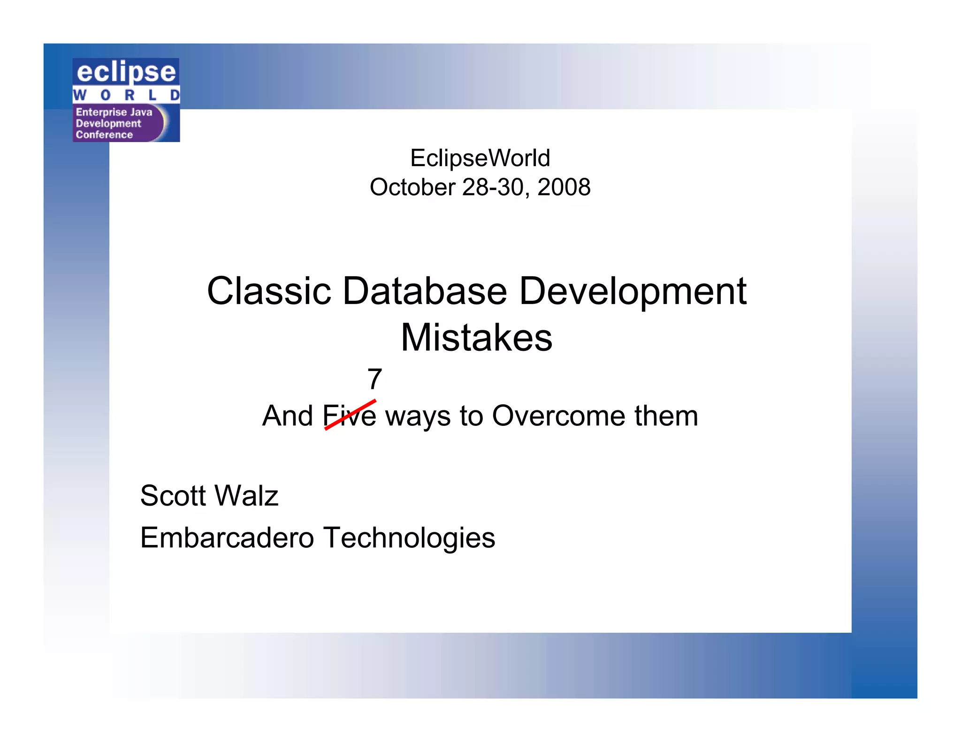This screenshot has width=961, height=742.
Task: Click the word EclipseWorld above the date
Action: point(480,158)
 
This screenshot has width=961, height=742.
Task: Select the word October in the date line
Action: point(412,187)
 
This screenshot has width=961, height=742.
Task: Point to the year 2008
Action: point(564,187)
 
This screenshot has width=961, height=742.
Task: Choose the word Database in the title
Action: point(425,291)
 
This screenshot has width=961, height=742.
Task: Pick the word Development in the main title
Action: point(633,291)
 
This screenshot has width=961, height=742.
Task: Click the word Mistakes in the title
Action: point(477,338)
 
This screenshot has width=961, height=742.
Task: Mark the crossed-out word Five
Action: point(350,416)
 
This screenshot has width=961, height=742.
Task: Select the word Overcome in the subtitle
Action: point(558,416)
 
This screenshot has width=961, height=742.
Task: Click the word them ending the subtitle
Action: point(666,416)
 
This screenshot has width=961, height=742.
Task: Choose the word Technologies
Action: point(409,538)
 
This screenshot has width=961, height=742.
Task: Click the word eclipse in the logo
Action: point(126,72)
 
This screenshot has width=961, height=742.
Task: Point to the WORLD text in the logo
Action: point(126,95)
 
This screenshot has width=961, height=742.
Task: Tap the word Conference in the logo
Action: point(105,135)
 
